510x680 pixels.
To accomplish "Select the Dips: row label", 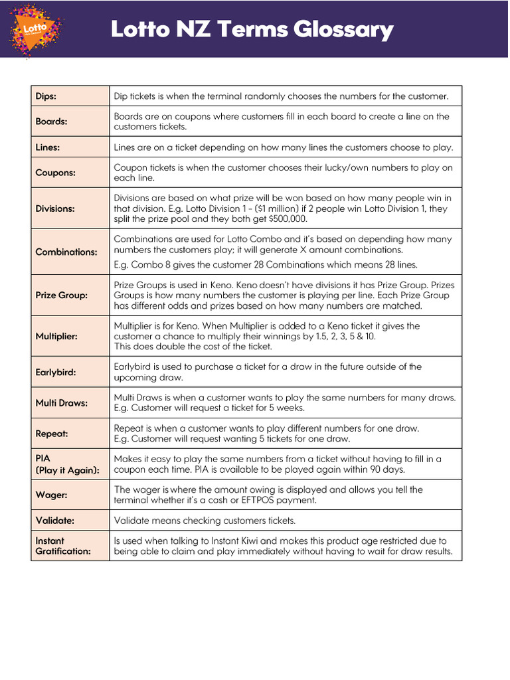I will (46, 96).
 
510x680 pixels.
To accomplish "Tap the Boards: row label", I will (51, 122).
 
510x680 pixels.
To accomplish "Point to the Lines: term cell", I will (48, 147).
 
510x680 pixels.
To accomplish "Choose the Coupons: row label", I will (55, 173).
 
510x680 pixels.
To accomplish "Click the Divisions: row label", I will (55, 209).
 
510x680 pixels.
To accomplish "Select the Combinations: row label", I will (66, 252).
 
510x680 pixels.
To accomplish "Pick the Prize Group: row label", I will (61, 295).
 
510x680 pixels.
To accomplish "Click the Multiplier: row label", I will (56, 336).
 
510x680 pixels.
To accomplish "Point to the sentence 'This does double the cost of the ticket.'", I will (193, 347).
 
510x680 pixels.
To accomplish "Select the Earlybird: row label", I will (55, 372).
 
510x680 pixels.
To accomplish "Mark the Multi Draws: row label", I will (61, 402).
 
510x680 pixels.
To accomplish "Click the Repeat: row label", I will (52, 434).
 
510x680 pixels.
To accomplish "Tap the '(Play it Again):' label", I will (67, 470).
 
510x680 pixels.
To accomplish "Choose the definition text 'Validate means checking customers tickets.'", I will (205, 520).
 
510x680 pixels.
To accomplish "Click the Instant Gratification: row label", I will (62, 546).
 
